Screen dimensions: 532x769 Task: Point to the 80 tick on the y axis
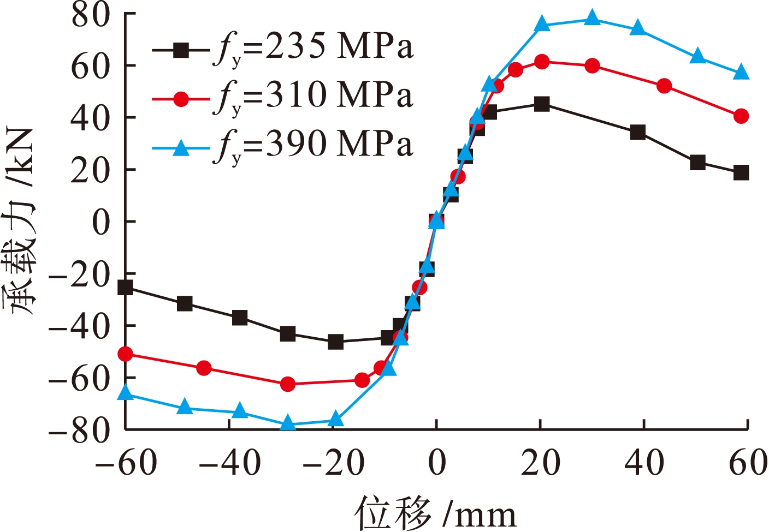[x=91, y=15]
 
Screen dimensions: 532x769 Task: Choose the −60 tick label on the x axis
[x=126, y=463]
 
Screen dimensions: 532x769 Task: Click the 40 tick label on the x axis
[x=644, y=463]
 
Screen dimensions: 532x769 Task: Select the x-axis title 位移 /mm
[x=435, y=513]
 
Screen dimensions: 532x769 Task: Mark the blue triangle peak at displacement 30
[x=592, y=18]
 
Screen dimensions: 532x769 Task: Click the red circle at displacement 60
[x=741, y=116]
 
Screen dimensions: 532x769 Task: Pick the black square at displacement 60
[x=741, y=173]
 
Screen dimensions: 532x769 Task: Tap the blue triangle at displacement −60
[x=126, y=392]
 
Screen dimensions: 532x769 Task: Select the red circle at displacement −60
[x=126, y=354]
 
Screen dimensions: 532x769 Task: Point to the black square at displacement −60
[x=126, y=288]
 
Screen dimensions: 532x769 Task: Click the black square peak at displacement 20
[x=542, y=104]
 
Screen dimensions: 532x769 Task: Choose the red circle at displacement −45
[x=204, y=368]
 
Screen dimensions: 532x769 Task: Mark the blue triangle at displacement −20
[x=336, y=420]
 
